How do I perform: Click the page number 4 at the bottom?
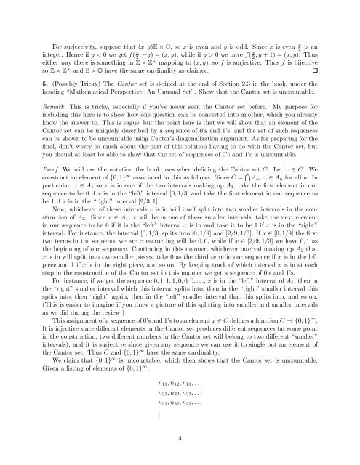click(x=180, y=438)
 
